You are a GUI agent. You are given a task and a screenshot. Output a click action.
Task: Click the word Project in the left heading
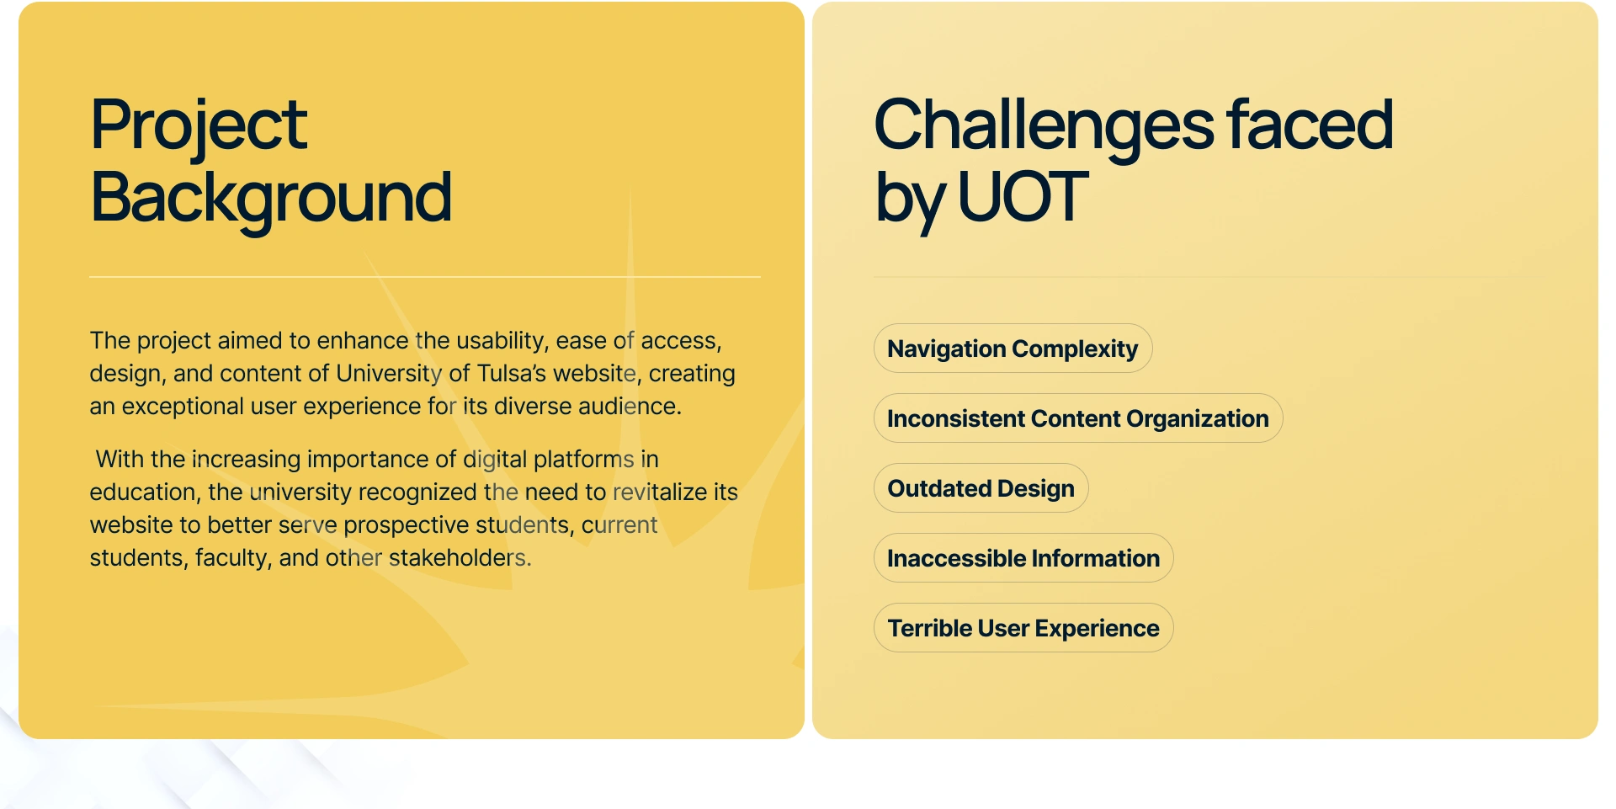click(x=199, y=126)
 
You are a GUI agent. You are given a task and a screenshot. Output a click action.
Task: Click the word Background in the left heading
click(x=271, y=200)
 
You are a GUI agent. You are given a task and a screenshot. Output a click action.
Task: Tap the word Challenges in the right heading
click(x=1045, y=126)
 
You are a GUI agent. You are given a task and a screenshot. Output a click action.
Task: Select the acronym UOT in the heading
click(x=1023, y=197)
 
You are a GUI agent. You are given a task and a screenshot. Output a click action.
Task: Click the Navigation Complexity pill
click(x=1013, y=349)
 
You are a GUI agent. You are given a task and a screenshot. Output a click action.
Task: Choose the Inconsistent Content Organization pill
click(x=1078, y=418)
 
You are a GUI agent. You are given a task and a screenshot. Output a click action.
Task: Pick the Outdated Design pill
click(x=981, y=488)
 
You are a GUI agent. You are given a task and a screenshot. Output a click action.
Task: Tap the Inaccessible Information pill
click(x=1023, y=558)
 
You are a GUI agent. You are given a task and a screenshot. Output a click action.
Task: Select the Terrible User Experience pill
click(x=1023, y=628)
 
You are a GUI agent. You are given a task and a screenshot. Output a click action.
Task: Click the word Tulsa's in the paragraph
click(x=512, y=373)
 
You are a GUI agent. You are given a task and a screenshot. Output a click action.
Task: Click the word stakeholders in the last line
click(x=457, y=557)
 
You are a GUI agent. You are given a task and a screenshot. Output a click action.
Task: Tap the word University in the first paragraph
click(x=389, y=374)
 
